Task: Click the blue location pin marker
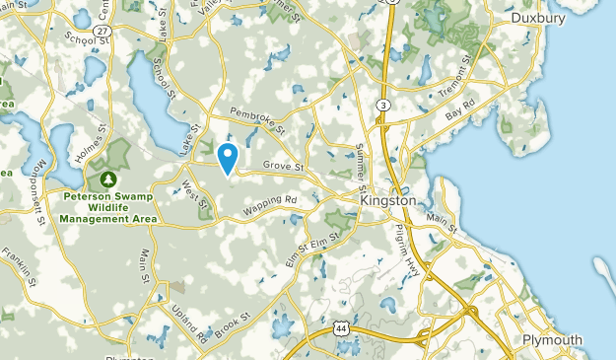click(228, 158)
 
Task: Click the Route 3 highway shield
click(381, 105)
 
